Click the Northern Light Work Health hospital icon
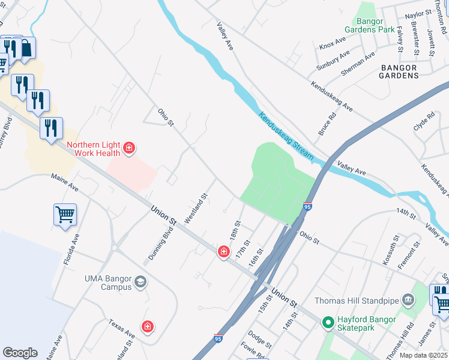128,148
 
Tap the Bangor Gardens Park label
369,25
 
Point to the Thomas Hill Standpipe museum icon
408,299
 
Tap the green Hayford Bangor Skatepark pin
328,323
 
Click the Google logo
20,353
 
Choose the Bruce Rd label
327,122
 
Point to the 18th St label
235,231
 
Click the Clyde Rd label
423,122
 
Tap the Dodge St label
260,340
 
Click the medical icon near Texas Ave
147,326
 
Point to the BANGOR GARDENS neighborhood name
399,71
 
